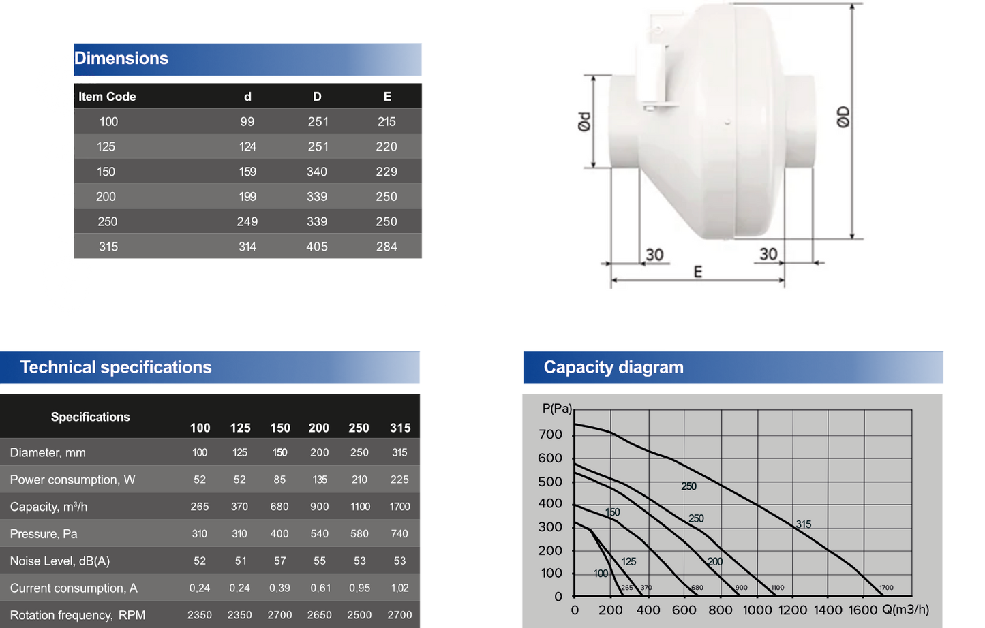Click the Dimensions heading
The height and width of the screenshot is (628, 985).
point(121,59)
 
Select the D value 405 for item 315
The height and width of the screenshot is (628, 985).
point(317,247)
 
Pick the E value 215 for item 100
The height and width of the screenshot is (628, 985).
point(387,122)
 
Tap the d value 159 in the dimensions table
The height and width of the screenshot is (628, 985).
point(247,172)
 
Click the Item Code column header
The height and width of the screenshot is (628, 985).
point(107,97)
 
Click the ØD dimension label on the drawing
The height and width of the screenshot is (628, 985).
point(843,116)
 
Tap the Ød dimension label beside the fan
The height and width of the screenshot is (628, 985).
point(584,121)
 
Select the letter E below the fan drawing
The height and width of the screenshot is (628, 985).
point(697,272)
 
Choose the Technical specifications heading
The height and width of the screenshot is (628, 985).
point(116,368)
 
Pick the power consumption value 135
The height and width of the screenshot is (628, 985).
point(320,480)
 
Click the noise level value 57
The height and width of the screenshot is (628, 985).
point(279,561)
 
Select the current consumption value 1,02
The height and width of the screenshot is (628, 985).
point(399,588)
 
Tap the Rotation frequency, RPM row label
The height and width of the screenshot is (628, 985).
point(78,615)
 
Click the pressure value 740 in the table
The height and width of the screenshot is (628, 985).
point(399,534)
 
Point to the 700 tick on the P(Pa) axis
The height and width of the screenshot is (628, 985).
point(550,435)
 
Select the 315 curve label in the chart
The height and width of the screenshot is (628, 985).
point(804,524)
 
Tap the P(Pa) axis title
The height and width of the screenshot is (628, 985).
point(557,409)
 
